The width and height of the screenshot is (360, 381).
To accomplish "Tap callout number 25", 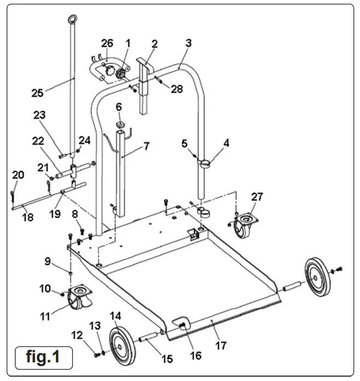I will (37, 93).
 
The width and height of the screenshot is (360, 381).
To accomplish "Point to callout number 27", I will (257, 196).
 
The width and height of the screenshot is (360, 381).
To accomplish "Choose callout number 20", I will (18, 174).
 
